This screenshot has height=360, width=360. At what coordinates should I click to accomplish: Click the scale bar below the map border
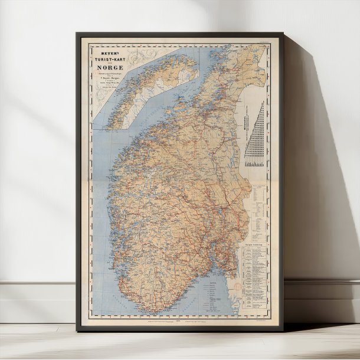[x=177, y=322]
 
